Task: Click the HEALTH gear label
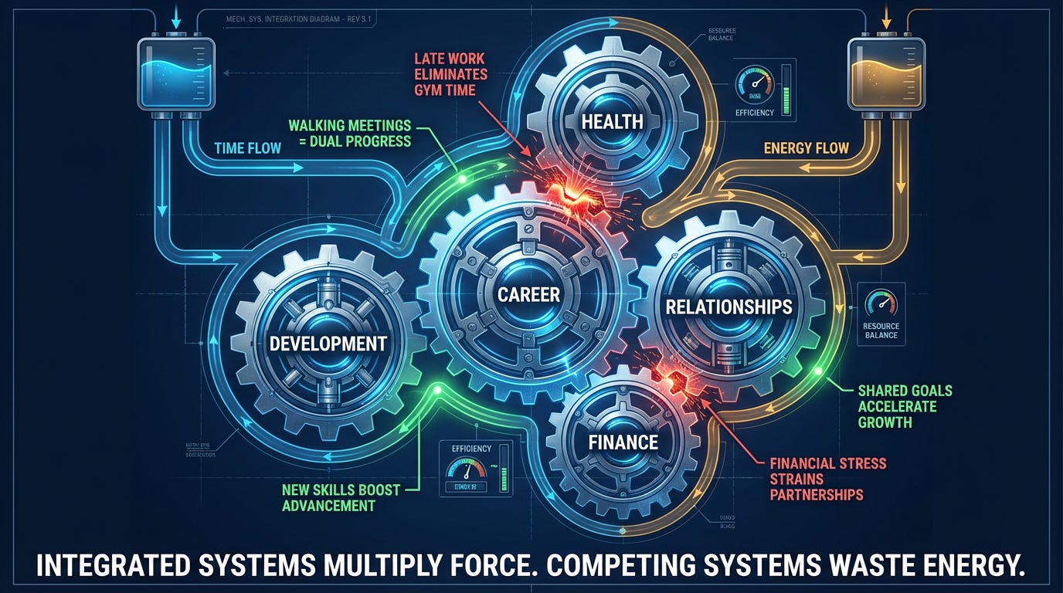pos(612,121)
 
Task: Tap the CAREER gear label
pos(528,293)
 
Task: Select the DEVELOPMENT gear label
pos(328,343)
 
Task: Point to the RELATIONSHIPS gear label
pos(728,307)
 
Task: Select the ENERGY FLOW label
pos(805,147)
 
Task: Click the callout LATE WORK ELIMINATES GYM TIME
pos(450,74)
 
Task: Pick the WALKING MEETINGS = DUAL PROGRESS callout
pos(349,133)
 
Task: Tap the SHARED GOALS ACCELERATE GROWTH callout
pos(905,406)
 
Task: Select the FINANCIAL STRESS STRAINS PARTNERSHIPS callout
pos(827,479)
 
